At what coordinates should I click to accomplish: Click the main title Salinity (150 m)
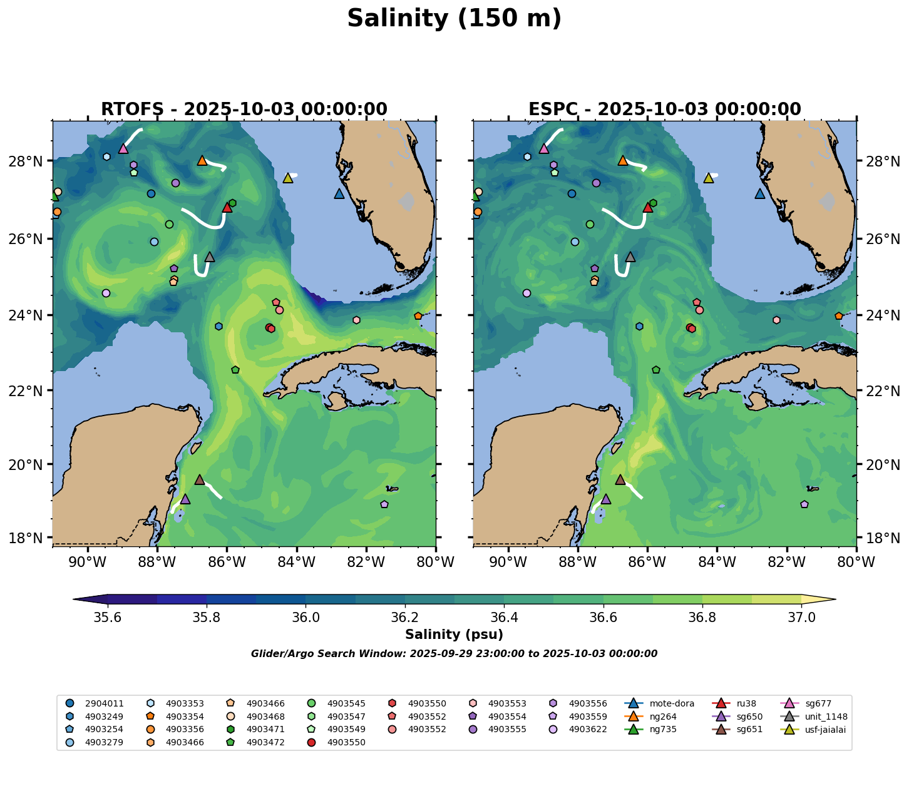tap(454, 19)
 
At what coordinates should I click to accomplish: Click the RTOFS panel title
tap(244, 110)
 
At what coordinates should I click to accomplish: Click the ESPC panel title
tap(665, 110)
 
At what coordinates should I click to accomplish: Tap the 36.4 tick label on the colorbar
tap(504, 617)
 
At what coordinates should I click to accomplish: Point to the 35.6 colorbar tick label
tap(108, 617)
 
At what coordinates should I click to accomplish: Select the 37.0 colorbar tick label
tap(801, 617)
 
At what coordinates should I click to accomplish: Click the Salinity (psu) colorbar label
tap(454, 635)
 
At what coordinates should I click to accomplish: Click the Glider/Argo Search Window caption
tap(454, 654)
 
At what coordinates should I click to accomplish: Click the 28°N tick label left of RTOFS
tap(30, 161)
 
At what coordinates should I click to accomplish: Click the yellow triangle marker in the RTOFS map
tap(288, 178)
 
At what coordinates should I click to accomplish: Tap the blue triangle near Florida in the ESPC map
tap(760, 194)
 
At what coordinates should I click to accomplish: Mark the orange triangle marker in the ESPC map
tap(622, 161)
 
